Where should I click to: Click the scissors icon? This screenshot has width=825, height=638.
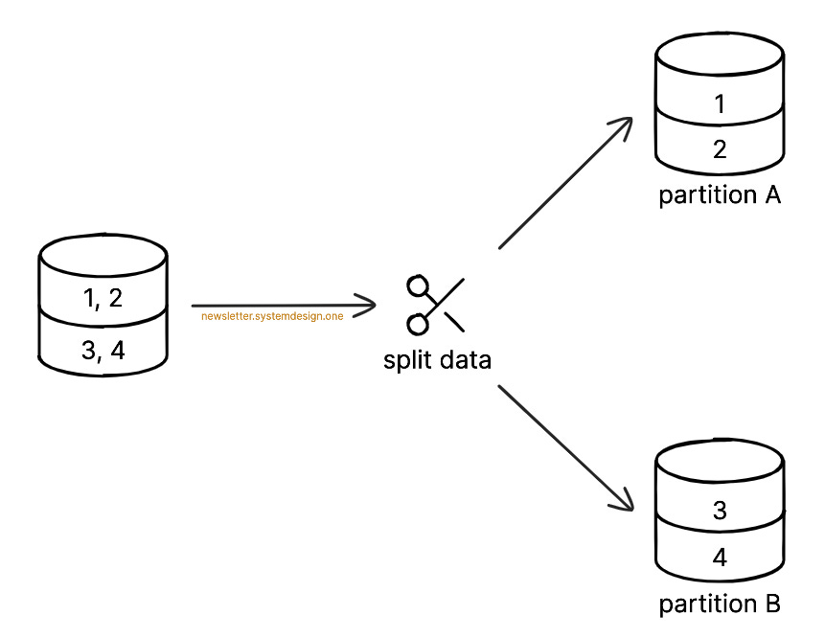click(436, 306)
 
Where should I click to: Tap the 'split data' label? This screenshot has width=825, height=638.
click(437, 360)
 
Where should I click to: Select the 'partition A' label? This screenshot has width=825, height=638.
click(720, 195)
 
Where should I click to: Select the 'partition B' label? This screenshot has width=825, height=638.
click(720, 604)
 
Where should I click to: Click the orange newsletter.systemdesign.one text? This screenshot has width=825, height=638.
click(272, 316)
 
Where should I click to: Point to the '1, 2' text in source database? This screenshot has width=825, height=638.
click(103, 299)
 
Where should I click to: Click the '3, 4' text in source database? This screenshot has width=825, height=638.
click(103, 351)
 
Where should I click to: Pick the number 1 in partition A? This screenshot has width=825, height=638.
click(720, 104)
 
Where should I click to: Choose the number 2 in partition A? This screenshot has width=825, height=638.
click(720, 149)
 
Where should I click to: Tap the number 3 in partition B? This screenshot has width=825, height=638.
click(720, 511)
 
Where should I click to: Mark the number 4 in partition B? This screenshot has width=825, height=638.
click(720, 558)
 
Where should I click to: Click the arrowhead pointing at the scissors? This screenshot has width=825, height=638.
click(370, 306)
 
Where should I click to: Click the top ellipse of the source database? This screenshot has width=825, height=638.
click(103, 256)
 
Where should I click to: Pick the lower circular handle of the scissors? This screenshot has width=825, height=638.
click(417, 325)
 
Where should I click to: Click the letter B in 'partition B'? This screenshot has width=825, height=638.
click(772, 604)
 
